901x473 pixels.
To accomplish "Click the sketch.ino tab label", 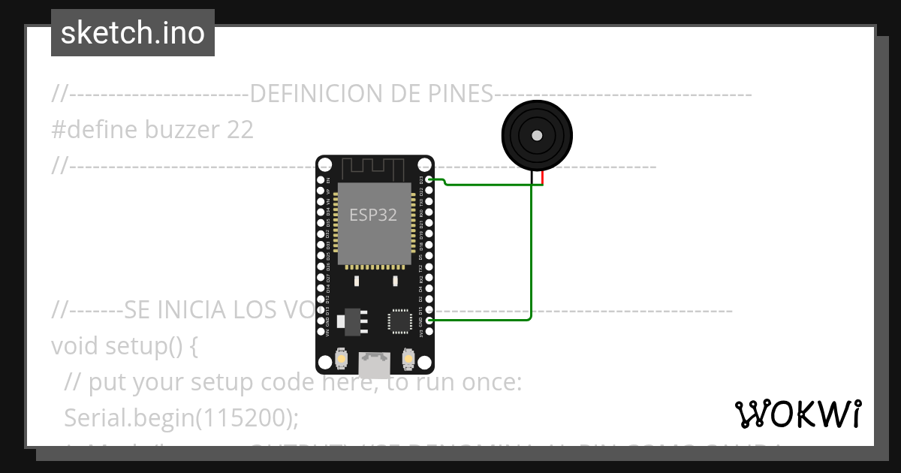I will pyautogui.click(x=132, y=33).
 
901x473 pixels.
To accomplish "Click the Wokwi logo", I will pyautogui.click(x=797, y=414).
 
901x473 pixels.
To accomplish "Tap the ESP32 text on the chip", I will pyautogui.click(x=373, y=215).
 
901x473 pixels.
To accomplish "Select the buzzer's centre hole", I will pyautogui.click(x=537, y=136).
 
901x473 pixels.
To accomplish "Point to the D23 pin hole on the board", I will pyautogui.click(x=429, y=179).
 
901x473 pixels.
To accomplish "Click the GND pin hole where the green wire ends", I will pyautogui.click(x=429, y=321).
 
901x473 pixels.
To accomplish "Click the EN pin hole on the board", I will pyautogui.click(x=321, y=180).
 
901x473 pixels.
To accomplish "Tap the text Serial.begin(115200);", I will pyautogui.click(x=182, y=417).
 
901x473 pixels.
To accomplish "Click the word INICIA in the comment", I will pyautogui.click(x=185, y=309).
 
